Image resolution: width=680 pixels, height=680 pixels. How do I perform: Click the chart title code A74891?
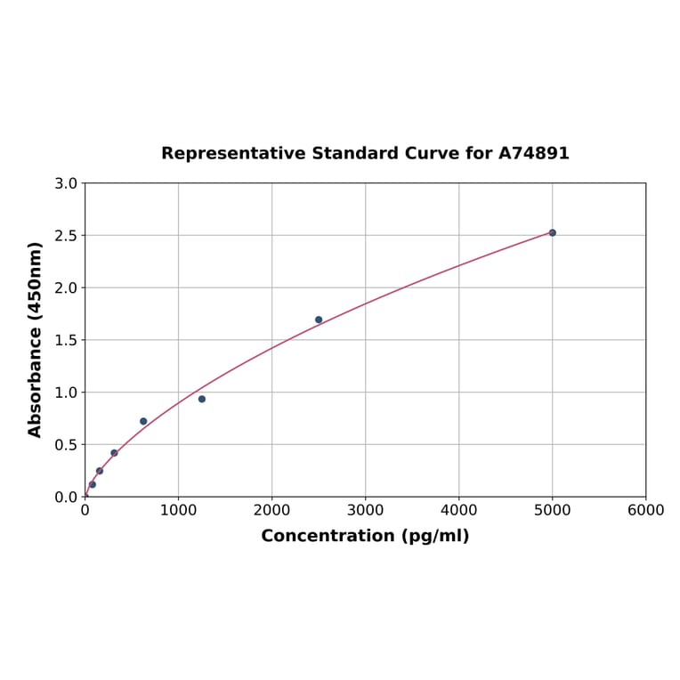(x=533, y=153)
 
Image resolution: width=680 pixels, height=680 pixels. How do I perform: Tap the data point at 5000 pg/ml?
(x=552, y=232)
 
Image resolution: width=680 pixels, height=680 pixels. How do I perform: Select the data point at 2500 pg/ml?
(x=319, y=320)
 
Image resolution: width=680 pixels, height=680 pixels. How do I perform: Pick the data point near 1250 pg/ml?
(x=202, y=399)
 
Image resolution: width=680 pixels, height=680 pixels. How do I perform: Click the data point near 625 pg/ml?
(x=143, y=421)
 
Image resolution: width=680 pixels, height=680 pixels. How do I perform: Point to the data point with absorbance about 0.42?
(x=114, y=453)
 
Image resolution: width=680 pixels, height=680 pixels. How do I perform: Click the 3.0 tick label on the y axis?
(x=66, y=183)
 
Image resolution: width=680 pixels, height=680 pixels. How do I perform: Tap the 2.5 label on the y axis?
(x=66, y=236)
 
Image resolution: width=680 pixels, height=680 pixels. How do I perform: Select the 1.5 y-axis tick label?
(x=66, y=340)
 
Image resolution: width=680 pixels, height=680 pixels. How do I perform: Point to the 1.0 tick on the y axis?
(x=66, y=393)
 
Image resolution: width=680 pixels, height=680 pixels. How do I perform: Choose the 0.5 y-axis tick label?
(x=66, y=444)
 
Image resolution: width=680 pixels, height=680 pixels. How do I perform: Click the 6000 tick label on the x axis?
(x=645, y=510)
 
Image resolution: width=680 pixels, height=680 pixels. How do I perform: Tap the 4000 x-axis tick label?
(x=458, y=510)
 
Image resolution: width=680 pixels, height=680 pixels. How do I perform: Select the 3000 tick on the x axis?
(x=365, y=510)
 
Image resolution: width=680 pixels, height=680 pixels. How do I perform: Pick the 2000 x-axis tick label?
(x=271, y=510)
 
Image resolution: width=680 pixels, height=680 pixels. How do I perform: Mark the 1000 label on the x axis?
(x=178, y=510)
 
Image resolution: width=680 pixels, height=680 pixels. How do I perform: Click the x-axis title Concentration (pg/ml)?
(x=365, y=536)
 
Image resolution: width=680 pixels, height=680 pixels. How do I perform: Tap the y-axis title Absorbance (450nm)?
(x=36, y=339)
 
